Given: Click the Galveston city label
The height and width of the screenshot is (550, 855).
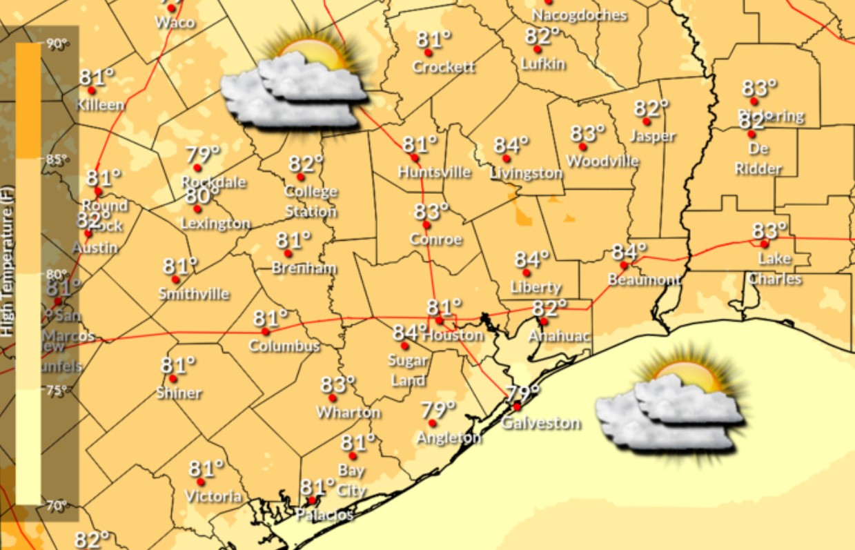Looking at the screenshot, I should pos(540,423).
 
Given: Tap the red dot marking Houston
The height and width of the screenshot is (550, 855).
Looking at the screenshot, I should pos(438,320).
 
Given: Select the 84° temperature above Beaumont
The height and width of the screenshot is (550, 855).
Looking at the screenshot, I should pos(628,251).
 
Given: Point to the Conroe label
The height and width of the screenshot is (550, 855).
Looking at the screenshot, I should pos(435,239).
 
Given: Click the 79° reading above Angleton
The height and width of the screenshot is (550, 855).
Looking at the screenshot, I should pos(438,409).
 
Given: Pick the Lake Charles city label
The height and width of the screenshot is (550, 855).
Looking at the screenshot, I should pos(774,269).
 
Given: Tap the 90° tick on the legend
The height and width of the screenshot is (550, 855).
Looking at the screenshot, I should pos(58,44).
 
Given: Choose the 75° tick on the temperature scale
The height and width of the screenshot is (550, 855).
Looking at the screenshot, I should pos(58,391).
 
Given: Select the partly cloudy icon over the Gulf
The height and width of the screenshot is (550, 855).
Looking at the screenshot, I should pos(669,411).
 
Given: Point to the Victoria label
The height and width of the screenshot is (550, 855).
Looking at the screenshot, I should pos(213,496).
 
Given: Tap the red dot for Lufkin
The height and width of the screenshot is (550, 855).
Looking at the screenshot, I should pos(537,50).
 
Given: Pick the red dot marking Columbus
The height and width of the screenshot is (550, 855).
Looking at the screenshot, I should pos(266,332).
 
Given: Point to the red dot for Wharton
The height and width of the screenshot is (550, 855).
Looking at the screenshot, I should pos(332,398).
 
